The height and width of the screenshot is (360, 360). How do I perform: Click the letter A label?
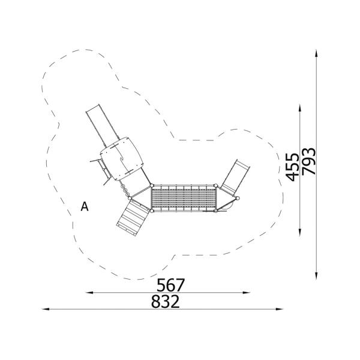[x=85, y=207]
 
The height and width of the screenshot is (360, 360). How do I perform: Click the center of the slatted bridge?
[x=184, y=199]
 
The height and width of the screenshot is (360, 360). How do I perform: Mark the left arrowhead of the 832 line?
[x=44, y=309]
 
